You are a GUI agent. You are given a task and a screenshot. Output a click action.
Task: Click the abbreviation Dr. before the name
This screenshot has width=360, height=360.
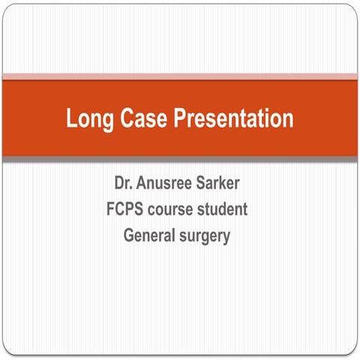124,182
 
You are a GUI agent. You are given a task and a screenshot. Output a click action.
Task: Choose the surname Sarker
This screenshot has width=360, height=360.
225,182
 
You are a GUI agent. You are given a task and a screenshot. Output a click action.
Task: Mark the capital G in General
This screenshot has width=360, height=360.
129,235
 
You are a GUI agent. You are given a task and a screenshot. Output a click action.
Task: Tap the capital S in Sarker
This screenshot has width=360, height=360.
206,182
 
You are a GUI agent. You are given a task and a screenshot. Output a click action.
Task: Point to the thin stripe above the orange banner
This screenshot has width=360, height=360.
180,76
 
